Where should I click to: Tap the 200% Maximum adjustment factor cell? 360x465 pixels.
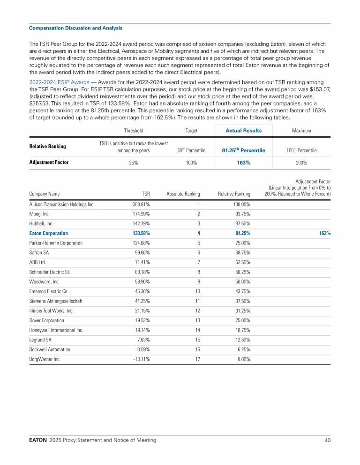coord(301,162)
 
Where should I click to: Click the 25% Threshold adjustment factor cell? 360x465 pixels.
coord(134,162)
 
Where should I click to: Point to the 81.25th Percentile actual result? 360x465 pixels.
coord(243,150)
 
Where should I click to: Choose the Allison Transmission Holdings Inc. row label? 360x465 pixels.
coord(62,205)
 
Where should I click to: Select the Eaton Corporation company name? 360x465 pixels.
coord(48,233)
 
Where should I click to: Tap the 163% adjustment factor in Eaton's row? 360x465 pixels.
coord(325,233)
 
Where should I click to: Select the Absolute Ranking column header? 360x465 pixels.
coord(183,193)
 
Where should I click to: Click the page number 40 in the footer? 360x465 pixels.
coord(327,440)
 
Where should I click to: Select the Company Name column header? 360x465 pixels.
coord(44,193)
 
